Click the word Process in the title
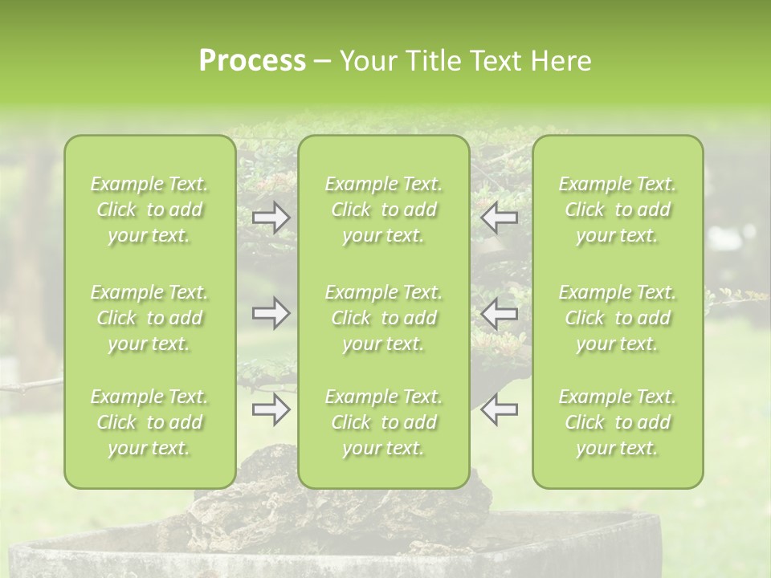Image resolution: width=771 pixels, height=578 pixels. (252, 61)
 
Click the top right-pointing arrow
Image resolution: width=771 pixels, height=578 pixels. (271, 218)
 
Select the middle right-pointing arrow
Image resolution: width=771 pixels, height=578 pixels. (271, 313)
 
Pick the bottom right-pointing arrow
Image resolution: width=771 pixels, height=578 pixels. (271, 409)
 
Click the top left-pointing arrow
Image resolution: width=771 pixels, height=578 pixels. (500, 218)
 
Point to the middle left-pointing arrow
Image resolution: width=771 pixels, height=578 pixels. (500, 313)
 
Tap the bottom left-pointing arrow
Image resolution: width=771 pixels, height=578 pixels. (500, 409)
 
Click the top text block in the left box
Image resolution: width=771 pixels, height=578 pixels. (149, 210)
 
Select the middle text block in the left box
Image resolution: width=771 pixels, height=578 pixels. (149, 318)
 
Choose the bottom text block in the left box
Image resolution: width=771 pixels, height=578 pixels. (149, 422)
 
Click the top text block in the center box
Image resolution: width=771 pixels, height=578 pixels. (383, 210)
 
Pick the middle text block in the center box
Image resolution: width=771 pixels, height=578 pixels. (383, 318)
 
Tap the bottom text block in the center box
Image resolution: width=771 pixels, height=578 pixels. (383, 422)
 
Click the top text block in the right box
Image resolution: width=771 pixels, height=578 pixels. (618, 210)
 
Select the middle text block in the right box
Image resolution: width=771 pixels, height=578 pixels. (618, 318)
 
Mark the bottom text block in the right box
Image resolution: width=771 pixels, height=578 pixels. (618, 422)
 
